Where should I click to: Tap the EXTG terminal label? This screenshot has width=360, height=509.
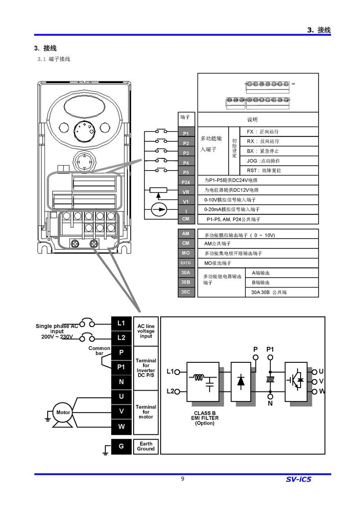click(186, 263)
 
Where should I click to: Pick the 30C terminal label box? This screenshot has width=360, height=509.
click(186, 292)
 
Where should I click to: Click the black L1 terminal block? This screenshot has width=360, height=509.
click(121, 323)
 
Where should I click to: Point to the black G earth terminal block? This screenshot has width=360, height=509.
click(121, 446)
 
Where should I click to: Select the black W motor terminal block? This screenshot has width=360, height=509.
click(121, 426)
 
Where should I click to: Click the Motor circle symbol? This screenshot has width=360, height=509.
click(63, 412)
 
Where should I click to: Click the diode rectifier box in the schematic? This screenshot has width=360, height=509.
click(241, 381)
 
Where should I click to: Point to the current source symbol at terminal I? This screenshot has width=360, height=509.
click(158, 210)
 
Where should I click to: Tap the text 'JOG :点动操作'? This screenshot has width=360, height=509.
click(263, 161)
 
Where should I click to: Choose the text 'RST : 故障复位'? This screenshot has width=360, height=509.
click(264, 171)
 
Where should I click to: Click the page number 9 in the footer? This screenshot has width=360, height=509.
click(182, 478)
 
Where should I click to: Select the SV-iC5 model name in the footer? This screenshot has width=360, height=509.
click(298, 479)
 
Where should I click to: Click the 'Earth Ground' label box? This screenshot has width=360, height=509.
click(146, 446)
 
